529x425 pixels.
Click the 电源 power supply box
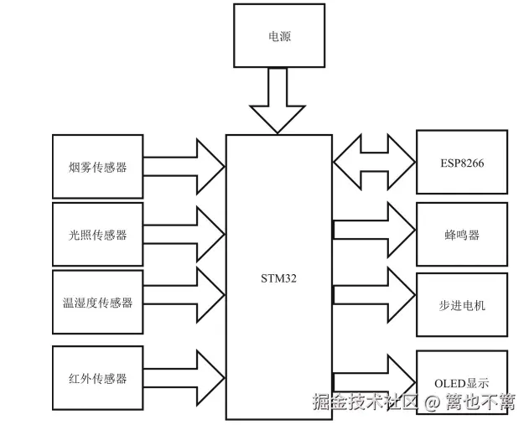pyautogui.click(x=279, y=36)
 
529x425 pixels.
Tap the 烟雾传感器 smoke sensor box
pyautogui.click(x=97, y=166)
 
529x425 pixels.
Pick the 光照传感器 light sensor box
pyautogui.click(x=97, y=234)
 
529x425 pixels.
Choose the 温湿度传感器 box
pyautogui.click(x=97, y=302)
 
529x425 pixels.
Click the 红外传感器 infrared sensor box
pyautogui.click(x=97, y=377)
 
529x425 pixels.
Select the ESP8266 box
pyautogui.click(x=462, y=163)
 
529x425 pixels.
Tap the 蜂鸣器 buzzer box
pyautogui.click(x=462, y=234)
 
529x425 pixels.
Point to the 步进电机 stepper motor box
pyautogui.click(x=462, y=304)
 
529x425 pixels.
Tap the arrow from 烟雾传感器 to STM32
pyautogui.click(x=184, y=166)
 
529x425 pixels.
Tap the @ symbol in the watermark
pyautogui.click(x=431, y=402)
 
